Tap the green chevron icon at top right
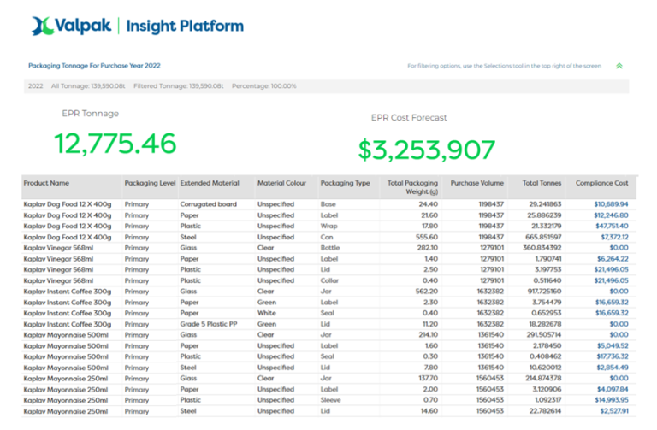point(619,66)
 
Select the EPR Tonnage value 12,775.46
point(115,143)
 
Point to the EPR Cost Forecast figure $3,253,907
point(426,149)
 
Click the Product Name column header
point(46,183)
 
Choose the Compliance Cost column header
point(602,183)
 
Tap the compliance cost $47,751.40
point(610,226)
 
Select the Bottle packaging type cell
point(331,248)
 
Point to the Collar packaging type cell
point(330,280)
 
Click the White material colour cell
point(267,313)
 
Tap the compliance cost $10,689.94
point(611,204)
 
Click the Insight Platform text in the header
point(185,27)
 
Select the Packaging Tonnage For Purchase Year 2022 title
point(94,66)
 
